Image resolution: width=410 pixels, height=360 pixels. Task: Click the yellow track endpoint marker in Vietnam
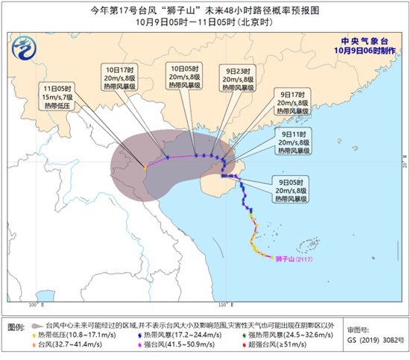click(144, 168)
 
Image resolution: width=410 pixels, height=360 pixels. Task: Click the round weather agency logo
click(28, 53)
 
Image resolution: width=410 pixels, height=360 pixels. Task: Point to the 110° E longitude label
click(221, 306)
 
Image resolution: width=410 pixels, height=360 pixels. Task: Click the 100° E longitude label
click(34, 306)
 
